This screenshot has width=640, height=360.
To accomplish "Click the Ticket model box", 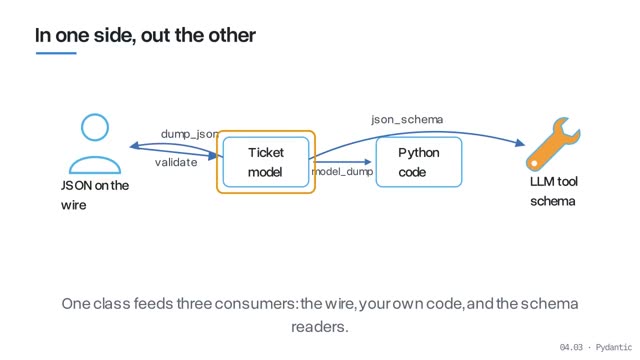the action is (266, 162).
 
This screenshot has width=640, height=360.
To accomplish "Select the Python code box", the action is (419, 162).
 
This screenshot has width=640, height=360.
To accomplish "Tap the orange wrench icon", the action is (553, 144).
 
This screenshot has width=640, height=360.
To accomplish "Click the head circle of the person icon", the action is (95, 127).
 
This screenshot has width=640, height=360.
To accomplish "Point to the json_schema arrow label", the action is (407, 119).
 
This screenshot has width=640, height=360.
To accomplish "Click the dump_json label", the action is (189, 134).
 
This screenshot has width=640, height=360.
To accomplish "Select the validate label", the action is (176, 162).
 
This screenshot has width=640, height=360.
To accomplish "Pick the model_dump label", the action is (342, 171).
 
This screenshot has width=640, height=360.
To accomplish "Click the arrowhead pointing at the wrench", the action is (520, 143).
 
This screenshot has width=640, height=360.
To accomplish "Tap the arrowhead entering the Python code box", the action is (367, 162).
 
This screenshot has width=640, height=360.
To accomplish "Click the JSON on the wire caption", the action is (95, 195).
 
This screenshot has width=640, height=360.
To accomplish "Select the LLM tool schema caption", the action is (553, 191).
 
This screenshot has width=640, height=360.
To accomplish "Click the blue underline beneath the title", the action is (56, 53).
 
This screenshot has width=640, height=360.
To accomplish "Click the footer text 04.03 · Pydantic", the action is (596, 347).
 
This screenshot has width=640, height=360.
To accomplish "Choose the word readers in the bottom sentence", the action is (320, 327).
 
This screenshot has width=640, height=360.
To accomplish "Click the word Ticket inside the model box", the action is (266, 153).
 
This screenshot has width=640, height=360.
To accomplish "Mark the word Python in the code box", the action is (419, 153).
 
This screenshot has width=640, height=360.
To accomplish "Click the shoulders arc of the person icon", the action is (95, 158).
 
